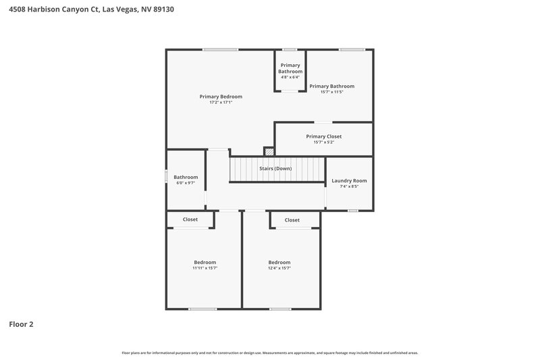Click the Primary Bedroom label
pyautogui.click(x=221, y=97)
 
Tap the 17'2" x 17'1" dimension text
pyautogui.click(x=221, y=103)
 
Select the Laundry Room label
pyautogui.click(x=349, y=180)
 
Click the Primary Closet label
pyautogui.click(x=323, y=136)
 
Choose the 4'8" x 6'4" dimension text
pyautogui.click(x=290, y=77)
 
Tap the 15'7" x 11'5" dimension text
pyautogui.click(x=331, y=92)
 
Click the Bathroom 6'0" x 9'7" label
pyautogui.click(x=186, y=177)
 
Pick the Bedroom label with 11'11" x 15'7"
pyautogui.click(x=205, y=262)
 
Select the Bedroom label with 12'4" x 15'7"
pyautogui.click(x=279, y=262)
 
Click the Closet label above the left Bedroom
pyautogui.click(x=190, y=220)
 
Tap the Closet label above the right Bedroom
pyautogui.click(x=292, y=220)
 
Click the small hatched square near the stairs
pyautogui.click(x=269, y=152)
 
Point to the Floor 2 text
pyautogui.click(x=21, y=324)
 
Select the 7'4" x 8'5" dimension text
pyautogui.click(x=349, y=186)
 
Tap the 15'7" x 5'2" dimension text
pyautogui.click(x=323, y=143)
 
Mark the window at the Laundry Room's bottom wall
pyautogui.click(x=353, y=211)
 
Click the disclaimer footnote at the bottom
pyautogui.click(x=270, y=353)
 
